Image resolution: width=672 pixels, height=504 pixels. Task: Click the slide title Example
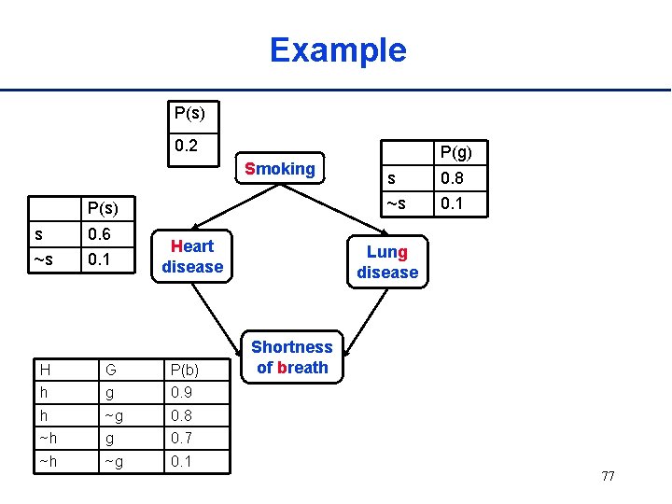click(338, 49)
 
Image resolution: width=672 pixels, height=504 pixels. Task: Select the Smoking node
click(279, 169)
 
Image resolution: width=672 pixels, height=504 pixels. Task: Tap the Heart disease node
click(192, 257)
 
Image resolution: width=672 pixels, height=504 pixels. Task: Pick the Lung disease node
click(387, 262)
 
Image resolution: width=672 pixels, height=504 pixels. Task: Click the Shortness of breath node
click(291, 357)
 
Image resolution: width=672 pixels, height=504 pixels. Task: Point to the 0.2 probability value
click(187, 146)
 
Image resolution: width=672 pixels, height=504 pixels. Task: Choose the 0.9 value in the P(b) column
click(181, 393)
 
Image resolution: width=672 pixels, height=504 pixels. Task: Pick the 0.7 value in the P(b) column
click(181, 438)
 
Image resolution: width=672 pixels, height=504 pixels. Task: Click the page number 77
click(608, 476)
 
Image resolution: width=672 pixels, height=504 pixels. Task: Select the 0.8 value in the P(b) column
click(181, 415)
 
